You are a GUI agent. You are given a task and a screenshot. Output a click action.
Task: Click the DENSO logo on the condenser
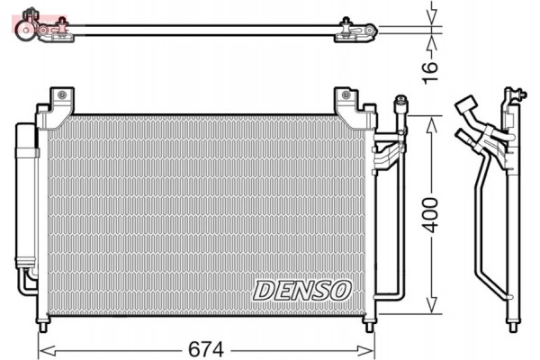pos(301,289)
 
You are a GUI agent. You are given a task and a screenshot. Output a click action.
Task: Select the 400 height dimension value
pos(433,213)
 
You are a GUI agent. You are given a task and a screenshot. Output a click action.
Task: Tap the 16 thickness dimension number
pos(429,65)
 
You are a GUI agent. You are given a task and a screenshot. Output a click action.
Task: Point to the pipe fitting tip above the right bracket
pos(400,104)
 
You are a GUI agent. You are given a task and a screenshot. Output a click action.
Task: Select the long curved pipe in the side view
pos(481,234)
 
